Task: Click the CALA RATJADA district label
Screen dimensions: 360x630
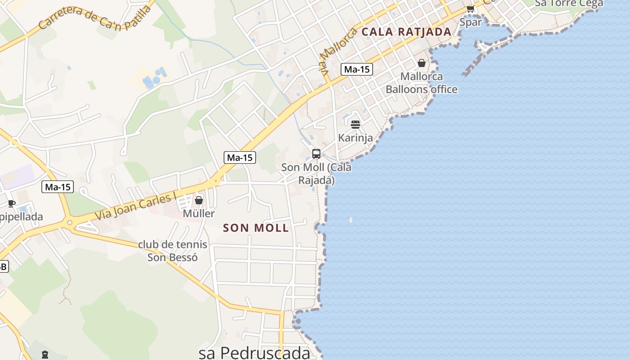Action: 406,32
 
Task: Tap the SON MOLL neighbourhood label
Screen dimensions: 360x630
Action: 256,228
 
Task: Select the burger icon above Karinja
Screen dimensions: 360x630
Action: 355,125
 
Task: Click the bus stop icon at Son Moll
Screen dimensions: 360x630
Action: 316,154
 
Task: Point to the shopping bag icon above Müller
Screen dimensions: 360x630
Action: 198,200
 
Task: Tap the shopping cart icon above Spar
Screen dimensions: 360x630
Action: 470,9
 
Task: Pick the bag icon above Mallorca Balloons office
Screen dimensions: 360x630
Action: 422,63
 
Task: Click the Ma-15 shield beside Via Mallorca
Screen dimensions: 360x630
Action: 357,69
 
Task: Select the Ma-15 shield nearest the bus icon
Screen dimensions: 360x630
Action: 240,157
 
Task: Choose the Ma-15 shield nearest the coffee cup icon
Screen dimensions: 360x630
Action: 58,187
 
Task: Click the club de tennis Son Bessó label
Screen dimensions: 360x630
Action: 172,251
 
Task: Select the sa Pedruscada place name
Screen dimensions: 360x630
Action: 254,353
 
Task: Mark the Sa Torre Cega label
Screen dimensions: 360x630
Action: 569,4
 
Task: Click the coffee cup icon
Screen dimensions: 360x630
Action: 12,204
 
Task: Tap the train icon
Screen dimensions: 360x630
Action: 45,355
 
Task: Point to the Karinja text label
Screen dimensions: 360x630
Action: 355,138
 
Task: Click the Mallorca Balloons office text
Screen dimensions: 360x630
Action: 422,83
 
